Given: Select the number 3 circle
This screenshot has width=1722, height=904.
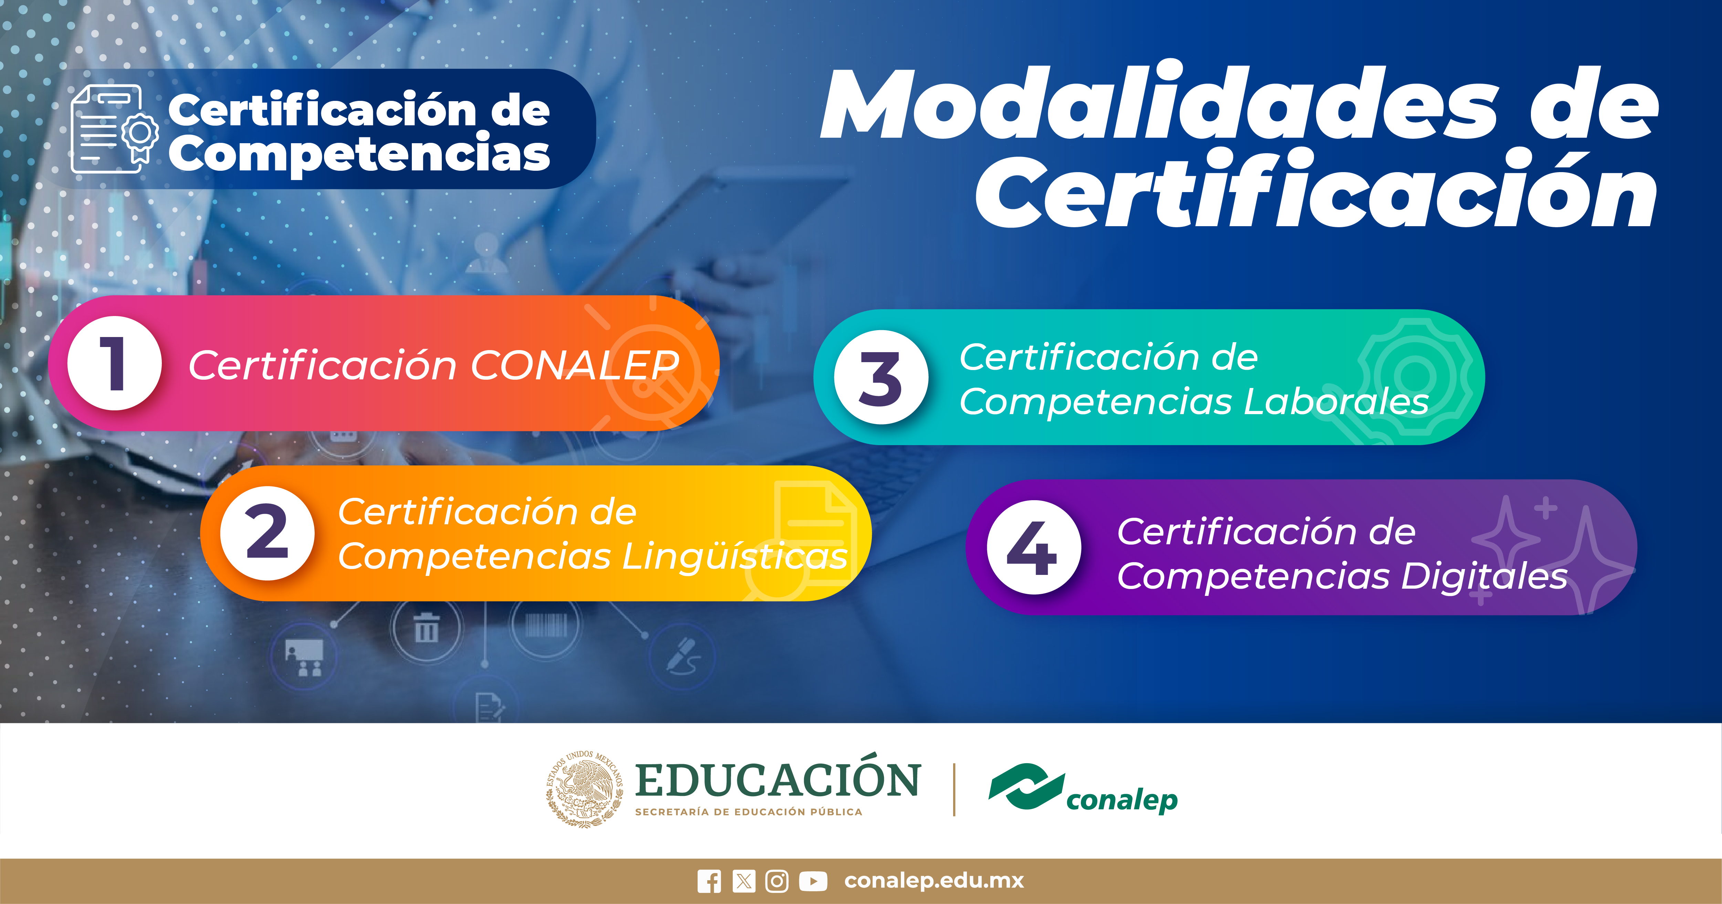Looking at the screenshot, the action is click(881, 377).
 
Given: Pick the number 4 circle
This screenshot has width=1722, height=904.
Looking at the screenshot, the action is click(1033, 547).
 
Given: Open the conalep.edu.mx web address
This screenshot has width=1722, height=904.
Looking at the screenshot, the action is click(934, 881).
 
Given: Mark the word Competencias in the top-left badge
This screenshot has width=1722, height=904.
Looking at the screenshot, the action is click(359, 154).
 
